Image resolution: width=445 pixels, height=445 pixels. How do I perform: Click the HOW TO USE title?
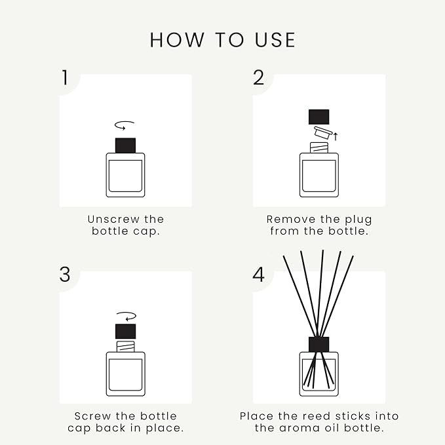click(x=222, y=40)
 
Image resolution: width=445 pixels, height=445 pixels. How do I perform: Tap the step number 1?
click(x=64, y=78)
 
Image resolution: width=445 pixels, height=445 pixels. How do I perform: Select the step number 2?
click(x=259, y=78)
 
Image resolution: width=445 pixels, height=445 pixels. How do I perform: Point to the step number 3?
click(x=64, y=274)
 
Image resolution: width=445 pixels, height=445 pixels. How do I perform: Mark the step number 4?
click(x=259, y=274)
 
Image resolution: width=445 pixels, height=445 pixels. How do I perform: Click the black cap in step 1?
click(x=125, y=145)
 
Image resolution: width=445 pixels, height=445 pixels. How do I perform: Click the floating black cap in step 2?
click(x=319, y=117)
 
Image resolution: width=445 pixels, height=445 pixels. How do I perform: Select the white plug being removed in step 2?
click(x=321, y=132)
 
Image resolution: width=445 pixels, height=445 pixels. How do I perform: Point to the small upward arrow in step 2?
click(x=336, y=136)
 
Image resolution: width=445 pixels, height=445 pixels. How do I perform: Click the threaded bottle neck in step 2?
click(x=319, y=148)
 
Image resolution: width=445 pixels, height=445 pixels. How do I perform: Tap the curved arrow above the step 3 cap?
click(x=125, y=315)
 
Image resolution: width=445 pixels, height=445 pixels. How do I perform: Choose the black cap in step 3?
click(x=125, y=331)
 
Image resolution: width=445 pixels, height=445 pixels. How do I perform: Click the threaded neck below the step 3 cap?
click(x=125, y=345)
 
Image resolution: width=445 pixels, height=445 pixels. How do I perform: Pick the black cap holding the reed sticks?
click(x=319, y=344)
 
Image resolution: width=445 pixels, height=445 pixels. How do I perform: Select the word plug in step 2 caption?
click(x=358, y=219)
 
